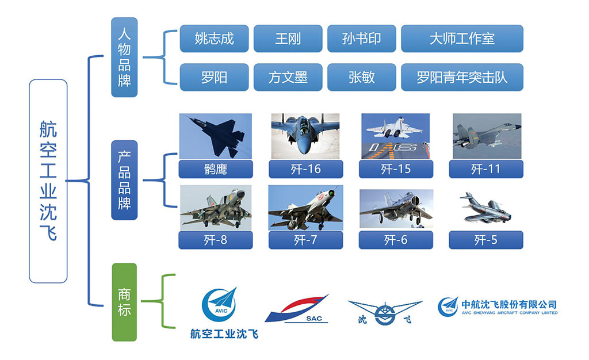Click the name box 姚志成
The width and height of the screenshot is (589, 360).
(x=214, y=39)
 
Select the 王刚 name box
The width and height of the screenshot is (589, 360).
(x=288, y=39)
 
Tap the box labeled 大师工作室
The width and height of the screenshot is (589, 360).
(x=462, y=39)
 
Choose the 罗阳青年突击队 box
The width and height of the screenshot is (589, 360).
(x=462, y=77)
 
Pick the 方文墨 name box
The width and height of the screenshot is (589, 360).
(x=288, y=77)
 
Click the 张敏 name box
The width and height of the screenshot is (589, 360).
(x=361, y=77)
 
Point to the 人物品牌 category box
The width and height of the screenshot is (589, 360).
(x=124, y=57)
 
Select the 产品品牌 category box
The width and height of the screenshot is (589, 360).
(x=124, y=180)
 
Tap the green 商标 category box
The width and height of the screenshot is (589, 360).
(x=124, y=302)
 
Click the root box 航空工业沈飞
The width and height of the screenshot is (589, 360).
(x=48, y=181)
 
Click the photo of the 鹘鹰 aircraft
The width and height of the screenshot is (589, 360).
(x=216, y=136)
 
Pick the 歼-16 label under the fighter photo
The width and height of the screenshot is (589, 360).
(x=306, y=169)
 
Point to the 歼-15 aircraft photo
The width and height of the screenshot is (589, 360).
(x=396, y=136)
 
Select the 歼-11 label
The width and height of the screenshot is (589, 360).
(x=486, y=169)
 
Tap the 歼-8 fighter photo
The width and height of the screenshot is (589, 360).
(x=216, y=208)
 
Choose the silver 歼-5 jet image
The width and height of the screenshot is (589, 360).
(x=486, y=209)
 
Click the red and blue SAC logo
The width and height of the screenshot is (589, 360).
(x=297, y=309)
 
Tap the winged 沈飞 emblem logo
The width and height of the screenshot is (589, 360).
(x=385, y=312)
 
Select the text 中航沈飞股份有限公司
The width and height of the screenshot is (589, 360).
(x=509, y=304)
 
